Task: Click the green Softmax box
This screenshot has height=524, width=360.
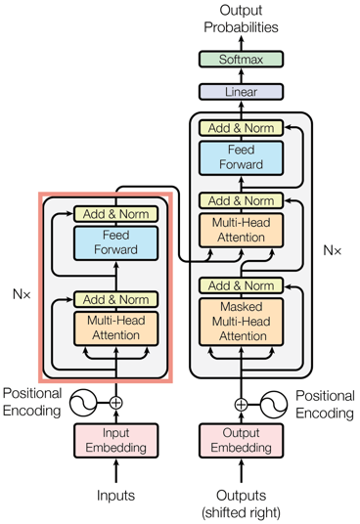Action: (x=241, y=60)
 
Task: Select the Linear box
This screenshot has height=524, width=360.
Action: (x=241, y=92)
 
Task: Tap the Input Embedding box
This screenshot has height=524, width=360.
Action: (x=116, y=441)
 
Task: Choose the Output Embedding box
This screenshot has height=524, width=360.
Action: (x=241, y=441)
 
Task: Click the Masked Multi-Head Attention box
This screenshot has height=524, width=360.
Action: (x=241, y=322)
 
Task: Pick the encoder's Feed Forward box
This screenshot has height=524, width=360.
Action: (x=116, y=243)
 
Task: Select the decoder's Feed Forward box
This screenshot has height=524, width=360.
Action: (x=241, y=158)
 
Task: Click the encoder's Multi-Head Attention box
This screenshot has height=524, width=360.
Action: (x=116, y=328)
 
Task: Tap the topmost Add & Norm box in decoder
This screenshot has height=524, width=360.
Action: (x=241, y=128)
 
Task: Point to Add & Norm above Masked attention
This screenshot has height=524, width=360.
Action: (x=241, y=285)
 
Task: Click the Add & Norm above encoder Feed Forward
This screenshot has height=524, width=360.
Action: (x=116, y=214)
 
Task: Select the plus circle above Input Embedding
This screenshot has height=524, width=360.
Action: (x=116, y=403)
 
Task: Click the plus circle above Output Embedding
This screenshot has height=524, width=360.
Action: (x=241, y=405)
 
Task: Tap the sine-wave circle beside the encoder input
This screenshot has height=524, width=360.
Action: (x=83, y=403)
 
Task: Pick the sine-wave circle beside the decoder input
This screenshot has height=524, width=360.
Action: (x=274, y=405)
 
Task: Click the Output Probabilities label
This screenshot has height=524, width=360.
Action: (x=241, y=19)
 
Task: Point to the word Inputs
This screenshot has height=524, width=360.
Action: (x=116, y=496)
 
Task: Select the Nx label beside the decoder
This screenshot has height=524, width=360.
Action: (x=333, y=250)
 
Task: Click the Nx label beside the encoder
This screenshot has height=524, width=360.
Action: (x=22, y=294)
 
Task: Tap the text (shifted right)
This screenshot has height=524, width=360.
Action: (x=241, y=512)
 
